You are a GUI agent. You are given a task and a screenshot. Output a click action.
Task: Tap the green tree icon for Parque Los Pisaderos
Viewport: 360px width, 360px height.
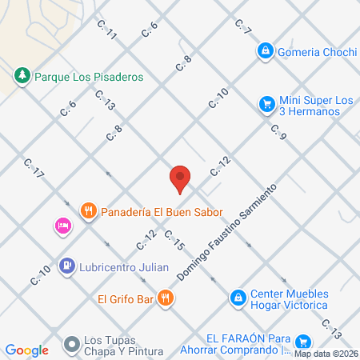[22, 76]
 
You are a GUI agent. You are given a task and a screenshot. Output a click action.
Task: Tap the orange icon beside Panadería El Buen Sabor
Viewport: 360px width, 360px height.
[89, 212]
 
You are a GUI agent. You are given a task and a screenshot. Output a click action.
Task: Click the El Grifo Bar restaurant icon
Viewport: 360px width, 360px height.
[166, 298]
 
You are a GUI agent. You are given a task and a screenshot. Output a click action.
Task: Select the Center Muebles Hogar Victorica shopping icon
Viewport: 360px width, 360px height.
[238, 298]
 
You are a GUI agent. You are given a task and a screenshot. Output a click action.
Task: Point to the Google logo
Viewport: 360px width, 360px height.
[26, 350]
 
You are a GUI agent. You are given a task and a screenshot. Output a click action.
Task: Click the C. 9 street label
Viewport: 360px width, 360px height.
[278, 132]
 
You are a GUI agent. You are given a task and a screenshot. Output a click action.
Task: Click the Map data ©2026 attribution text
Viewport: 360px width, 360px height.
[326, 354]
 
